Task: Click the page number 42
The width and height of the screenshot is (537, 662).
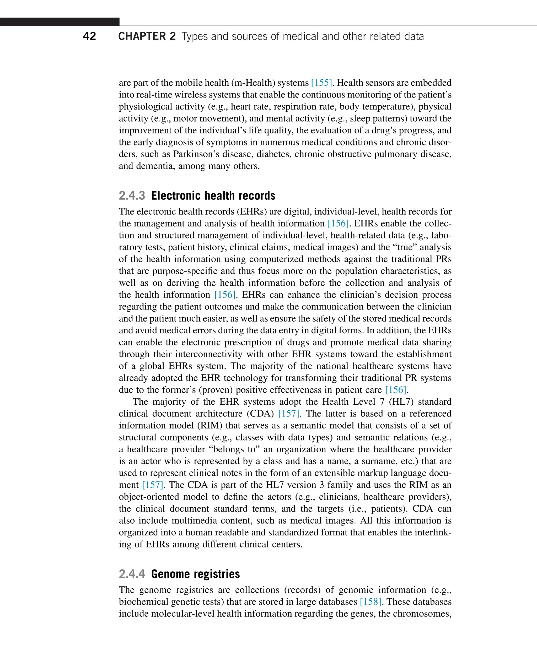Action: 89,36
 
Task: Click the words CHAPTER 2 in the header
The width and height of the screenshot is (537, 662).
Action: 147,36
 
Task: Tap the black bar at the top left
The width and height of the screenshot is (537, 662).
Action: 60,22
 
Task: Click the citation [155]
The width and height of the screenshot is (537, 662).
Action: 321,83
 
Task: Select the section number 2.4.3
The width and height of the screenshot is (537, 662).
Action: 132,196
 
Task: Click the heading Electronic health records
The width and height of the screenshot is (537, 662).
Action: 213,196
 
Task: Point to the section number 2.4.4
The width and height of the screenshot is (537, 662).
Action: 132,574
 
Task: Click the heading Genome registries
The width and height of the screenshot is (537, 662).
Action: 196,574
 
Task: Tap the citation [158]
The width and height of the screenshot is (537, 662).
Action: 370,602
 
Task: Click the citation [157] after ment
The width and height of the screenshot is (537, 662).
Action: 152,485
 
